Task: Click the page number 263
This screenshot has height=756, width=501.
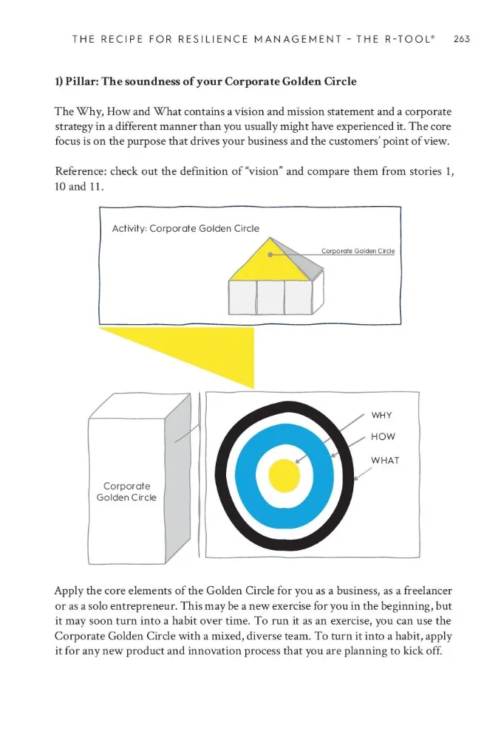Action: click(462, 39)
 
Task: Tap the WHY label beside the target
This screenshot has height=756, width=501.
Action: click(381, 416)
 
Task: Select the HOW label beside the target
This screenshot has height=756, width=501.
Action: click(383, 436)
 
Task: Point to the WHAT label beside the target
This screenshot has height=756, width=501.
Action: click(385, 460)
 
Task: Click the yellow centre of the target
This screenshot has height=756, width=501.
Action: click(283, 475)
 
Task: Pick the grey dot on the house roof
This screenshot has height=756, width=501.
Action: click(271, 255)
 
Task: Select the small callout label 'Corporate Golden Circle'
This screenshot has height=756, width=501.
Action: click(358, 251)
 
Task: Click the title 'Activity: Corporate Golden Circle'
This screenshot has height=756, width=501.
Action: click(185, 228)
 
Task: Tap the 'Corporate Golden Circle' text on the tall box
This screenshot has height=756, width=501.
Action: click(126, 492)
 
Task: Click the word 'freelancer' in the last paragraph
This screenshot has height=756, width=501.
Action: click(420, 591)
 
